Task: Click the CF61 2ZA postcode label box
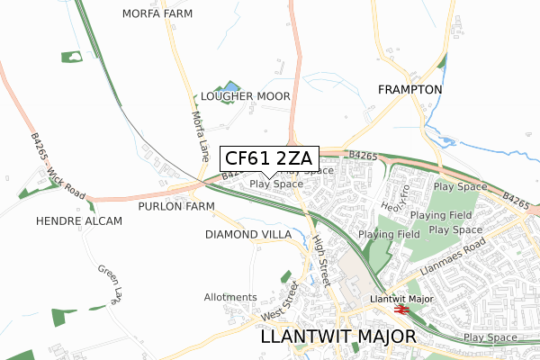tap(267, 159)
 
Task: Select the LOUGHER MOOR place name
tap(245, 95)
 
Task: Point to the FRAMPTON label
tap(409, 90)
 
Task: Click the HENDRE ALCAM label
tap(78, 220)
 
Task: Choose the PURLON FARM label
tap(176, 206)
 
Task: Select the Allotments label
tap(230, 297)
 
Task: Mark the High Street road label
tap(319, 256)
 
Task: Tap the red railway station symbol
tap(401, 310)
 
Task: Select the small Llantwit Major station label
tap(401, 298)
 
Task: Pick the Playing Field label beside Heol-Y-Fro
tap(440, 216)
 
